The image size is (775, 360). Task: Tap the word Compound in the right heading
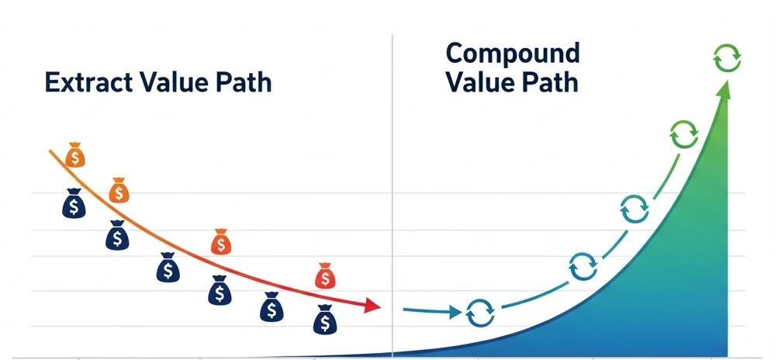513,54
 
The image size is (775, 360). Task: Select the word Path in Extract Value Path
244,82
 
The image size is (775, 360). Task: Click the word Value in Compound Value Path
477,82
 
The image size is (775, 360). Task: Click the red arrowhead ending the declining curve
372,305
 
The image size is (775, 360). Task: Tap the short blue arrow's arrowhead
455,312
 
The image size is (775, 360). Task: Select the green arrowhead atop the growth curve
724,92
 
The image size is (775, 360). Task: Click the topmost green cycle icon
727,58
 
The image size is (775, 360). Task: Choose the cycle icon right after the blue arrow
480,313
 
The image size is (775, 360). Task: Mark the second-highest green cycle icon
684,134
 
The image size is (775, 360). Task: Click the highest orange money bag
75,154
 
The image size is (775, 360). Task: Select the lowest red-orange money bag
325,276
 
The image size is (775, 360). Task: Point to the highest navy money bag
74,203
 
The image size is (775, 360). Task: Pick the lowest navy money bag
325,319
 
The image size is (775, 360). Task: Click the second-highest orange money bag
119,190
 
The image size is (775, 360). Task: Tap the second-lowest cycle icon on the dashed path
583,266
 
